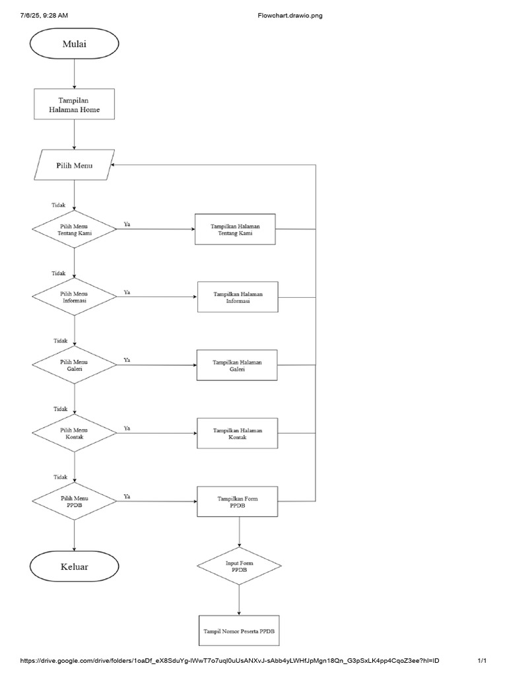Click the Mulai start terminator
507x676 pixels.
[x=75, y=45]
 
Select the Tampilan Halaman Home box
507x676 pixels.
[x=75, y=104]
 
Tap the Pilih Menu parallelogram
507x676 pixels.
[x=74, y=165]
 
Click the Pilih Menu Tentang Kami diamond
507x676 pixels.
[x=75, y=229]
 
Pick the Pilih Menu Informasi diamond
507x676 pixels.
[x=75, y=296]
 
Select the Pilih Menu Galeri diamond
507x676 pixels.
[x=75, y=365]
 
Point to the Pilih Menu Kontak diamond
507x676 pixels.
[x=75, y=433]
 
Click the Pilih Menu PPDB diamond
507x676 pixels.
[x=75, y=502]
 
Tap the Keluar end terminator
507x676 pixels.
[x=75, y=567]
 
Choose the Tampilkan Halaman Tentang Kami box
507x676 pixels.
[x=235, y=229]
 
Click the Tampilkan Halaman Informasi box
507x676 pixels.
[x=238, y=296]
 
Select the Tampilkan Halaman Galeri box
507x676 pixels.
[x=237, y=365]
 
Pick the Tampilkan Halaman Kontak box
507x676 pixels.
[x=237, y=433]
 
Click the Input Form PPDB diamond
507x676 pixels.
[x=238, y=566]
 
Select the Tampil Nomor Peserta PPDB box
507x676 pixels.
[x=238, y=632]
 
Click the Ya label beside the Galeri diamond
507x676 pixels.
[x=127, y=360]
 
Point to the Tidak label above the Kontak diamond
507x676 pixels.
[x=60, y=408]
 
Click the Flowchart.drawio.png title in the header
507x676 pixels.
[x=290, y=15]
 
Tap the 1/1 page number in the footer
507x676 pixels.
[x=482, y=661]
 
